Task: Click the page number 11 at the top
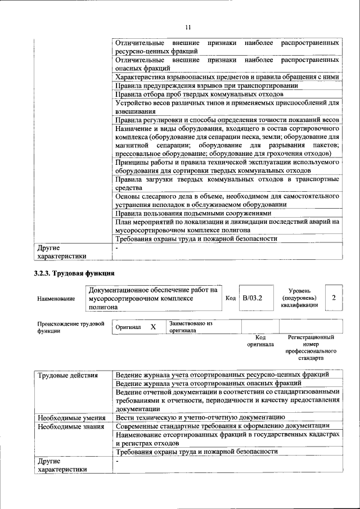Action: pos(188,26)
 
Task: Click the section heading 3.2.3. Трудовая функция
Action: pos(74,274)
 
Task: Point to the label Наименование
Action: pos(56,299)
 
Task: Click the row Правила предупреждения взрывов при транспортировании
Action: pos(206,85)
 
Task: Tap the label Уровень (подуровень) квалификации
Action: pos(299,298)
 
